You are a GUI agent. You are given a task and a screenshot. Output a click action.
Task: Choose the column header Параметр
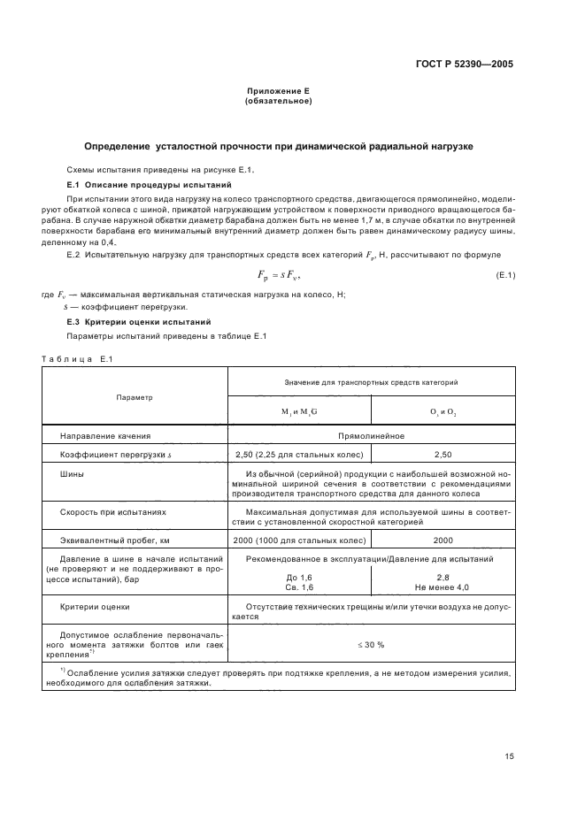(135, 397)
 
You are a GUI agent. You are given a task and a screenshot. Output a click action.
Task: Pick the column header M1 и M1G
(298, 412)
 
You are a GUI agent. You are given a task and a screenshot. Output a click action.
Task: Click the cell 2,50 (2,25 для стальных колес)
(298, 454)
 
